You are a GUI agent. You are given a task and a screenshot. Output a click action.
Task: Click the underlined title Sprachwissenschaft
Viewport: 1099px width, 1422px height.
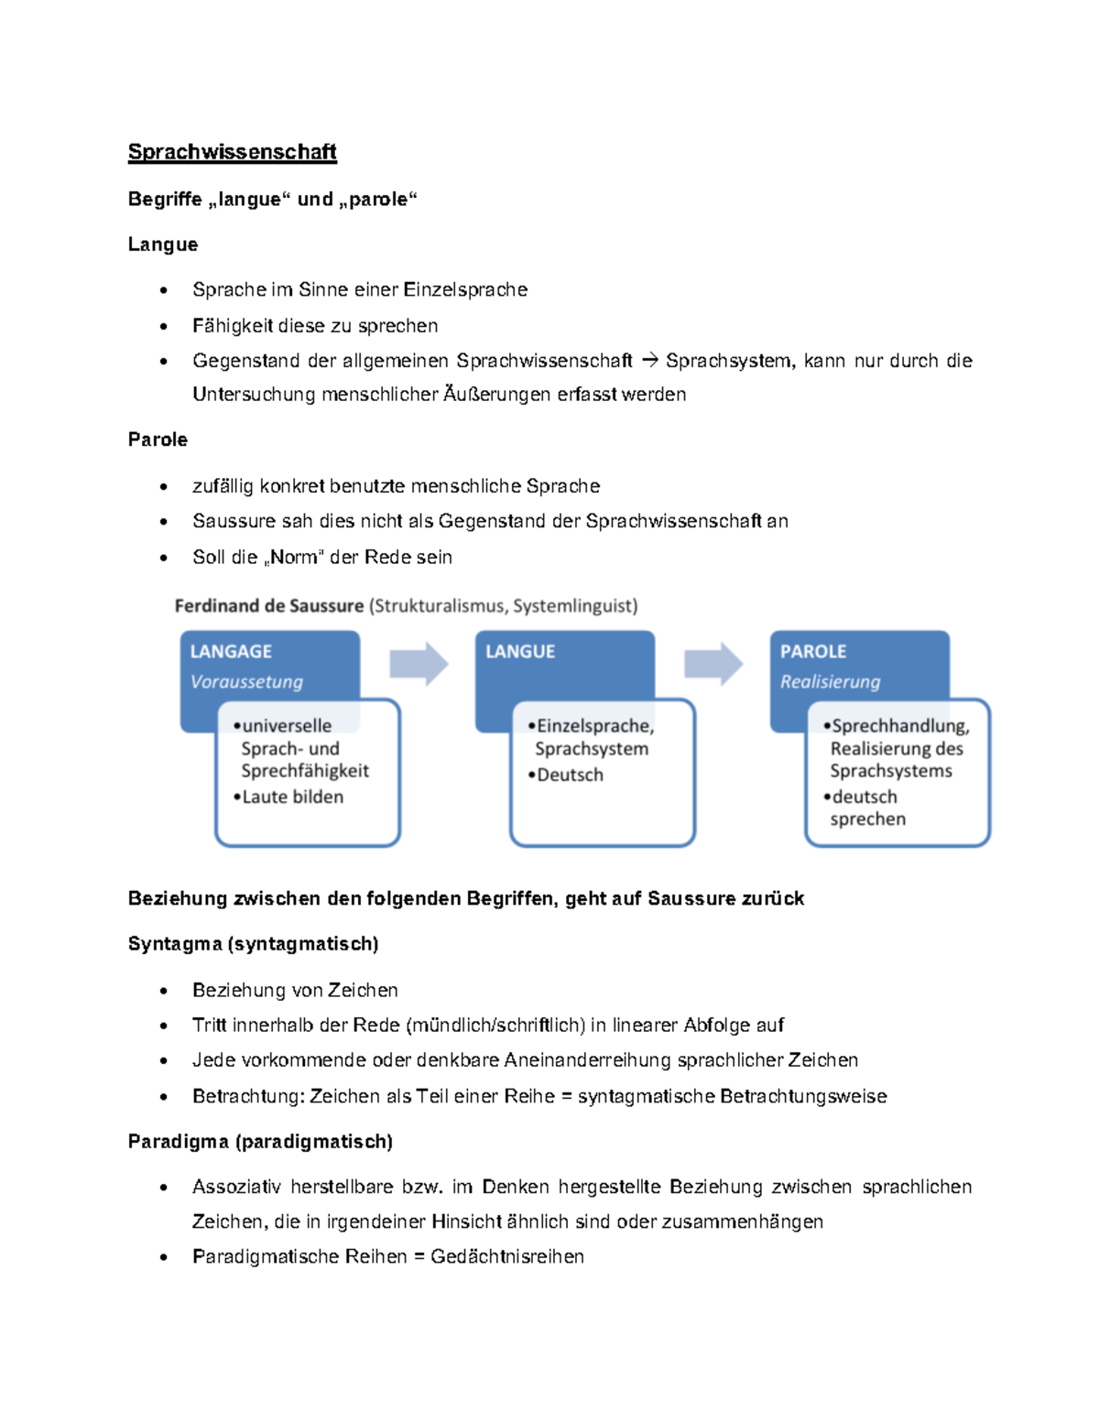pos(232,152)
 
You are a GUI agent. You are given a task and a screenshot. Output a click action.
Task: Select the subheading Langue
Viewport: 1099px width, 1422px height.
pos(163,244)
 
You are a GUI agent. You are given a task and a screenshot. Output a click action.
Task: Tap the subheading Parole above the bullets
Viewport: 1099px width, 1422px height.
pos(158,440)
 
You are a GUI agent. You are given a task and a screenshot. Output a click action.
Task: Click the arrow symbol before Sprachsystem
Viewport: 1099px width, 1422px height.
pos(649,361)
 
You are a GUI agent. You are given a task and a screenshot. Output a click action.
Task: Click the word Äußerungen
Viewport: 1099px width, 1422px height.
pos(497,395)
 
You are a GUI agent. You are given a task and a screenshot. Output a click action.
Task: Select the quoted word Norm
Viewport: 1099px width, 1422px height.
pos(294,557)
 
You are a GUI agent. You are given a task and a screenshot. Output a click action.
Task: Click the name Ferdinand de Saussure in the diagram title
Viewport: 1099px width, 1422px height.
pos(268,605)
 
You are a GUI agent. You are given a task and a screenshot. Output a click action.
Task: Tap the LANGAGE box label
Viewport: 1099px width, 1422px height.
pos(231,651)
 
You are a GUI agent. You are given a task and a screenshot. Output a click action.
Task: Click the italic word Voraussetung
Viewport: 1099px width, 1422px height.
pos(246,681)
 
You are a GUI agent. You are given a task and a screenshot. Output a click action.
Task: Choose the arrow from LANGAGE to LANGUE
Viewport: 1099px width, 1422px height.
pos(419,664)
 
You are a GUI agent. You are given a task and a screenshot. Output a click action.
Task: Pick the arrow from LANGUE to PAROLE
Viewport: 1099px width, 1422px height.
pos(713,664)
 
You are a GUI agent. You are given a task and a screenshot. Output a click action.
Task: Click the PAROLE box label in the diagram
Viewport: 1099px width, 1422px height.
pos(813,651)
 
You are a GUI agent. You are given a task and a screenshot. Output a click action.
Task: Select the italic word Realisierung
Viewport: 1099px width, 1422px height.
pos(830,681)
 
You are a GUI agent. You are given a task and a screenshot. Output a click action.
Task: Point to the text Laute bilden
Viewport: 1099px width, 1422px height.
pos(292,797)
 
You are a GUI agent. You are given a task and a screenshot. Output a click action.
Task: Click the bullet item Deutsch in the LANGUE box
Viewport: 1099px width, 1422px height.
pos(570,775)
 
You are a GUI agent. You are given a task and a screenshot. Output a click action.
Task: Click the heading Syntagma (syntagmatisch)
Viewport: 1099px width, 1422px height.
pos(253,944)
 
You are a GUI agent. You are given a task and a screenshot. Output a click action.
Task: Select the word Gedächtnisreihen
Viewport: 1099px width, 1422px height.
pos(506,1256)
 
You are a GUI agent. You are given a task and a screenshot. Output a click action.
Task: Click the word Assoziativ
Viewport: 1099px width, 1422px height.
pos(236,1187)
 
